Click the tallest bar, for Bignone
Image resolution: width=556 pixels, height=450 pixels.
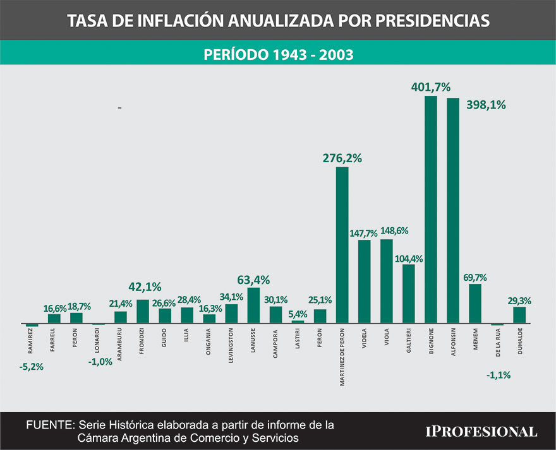(x=430, y=210)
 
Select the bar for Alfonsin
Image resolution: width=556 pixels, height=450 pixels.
(x=452, y=211)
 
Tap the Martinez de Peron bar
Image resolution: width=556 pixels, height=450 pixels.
(x=342, y=245)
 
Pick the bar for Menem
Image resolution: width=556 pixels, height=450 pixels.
(x=475, y=304)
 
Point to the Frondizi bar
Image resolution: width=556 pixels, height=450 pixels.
(x=143, y=311)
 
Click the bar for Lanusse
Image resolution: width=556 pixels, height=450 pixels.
(x=253, y=305)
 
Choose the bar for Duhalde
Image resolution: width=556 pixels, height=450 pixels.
(x=519, y=315)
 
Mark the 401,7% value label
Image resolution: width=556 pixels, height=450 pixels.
(x=430, y=87)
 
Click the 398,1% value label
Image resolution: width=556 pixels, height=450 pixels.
(x=486, y=105)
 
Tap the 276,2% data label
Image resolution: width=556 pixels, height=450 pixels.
(x=342, y=158)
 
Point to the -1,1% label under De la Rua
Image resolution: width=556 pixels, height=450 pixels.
(x=498, y=375)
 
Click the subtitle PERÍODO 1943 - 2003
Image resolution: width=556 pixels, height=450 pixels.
(x=278, y=54)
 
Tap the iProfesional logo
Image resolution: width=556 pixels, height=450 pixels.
(x=481, y=432)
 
